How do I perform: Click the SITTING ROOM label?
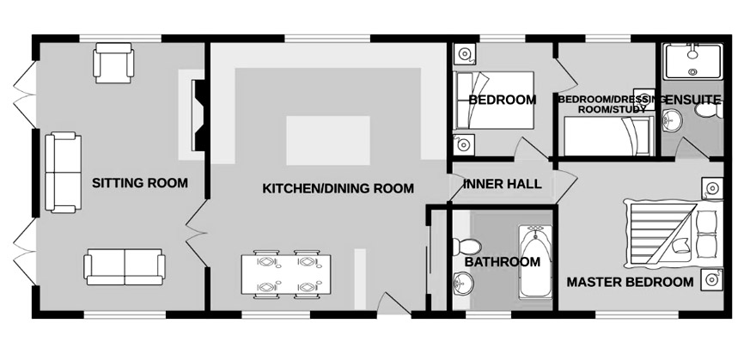pos(140,183)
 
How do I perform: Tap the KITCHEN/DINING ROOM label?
pos(338,188)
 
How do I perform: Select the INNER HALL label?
pos(503,184)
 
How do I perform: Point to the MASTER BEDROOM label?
pos(630,282)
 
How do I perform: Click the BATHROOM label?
pos(503,262)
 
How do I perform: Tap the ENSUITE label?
pos(692,100)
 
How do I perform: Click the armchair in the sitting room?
pos(113,63)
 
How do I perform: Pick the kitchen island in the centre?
pos(328,141)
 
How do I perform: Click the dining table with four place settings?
pos(286,274)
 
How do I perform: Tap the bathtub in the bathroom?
pos(536,261)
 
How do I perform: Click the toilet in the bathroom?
pos(466,247)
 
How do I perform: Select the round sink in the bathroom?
pos(463,283)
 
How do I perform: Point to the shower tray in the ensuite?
pos(692,61)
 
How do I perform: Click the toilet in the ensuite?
pos(709,111)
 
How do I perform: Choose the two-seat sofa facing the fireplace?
pos(63,173)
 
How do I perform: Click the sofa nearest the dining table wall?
pos(125,266)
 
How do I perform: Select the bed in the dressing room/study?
pos(609,137)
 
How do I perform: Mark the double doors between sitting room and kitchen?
pos(196,234)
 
